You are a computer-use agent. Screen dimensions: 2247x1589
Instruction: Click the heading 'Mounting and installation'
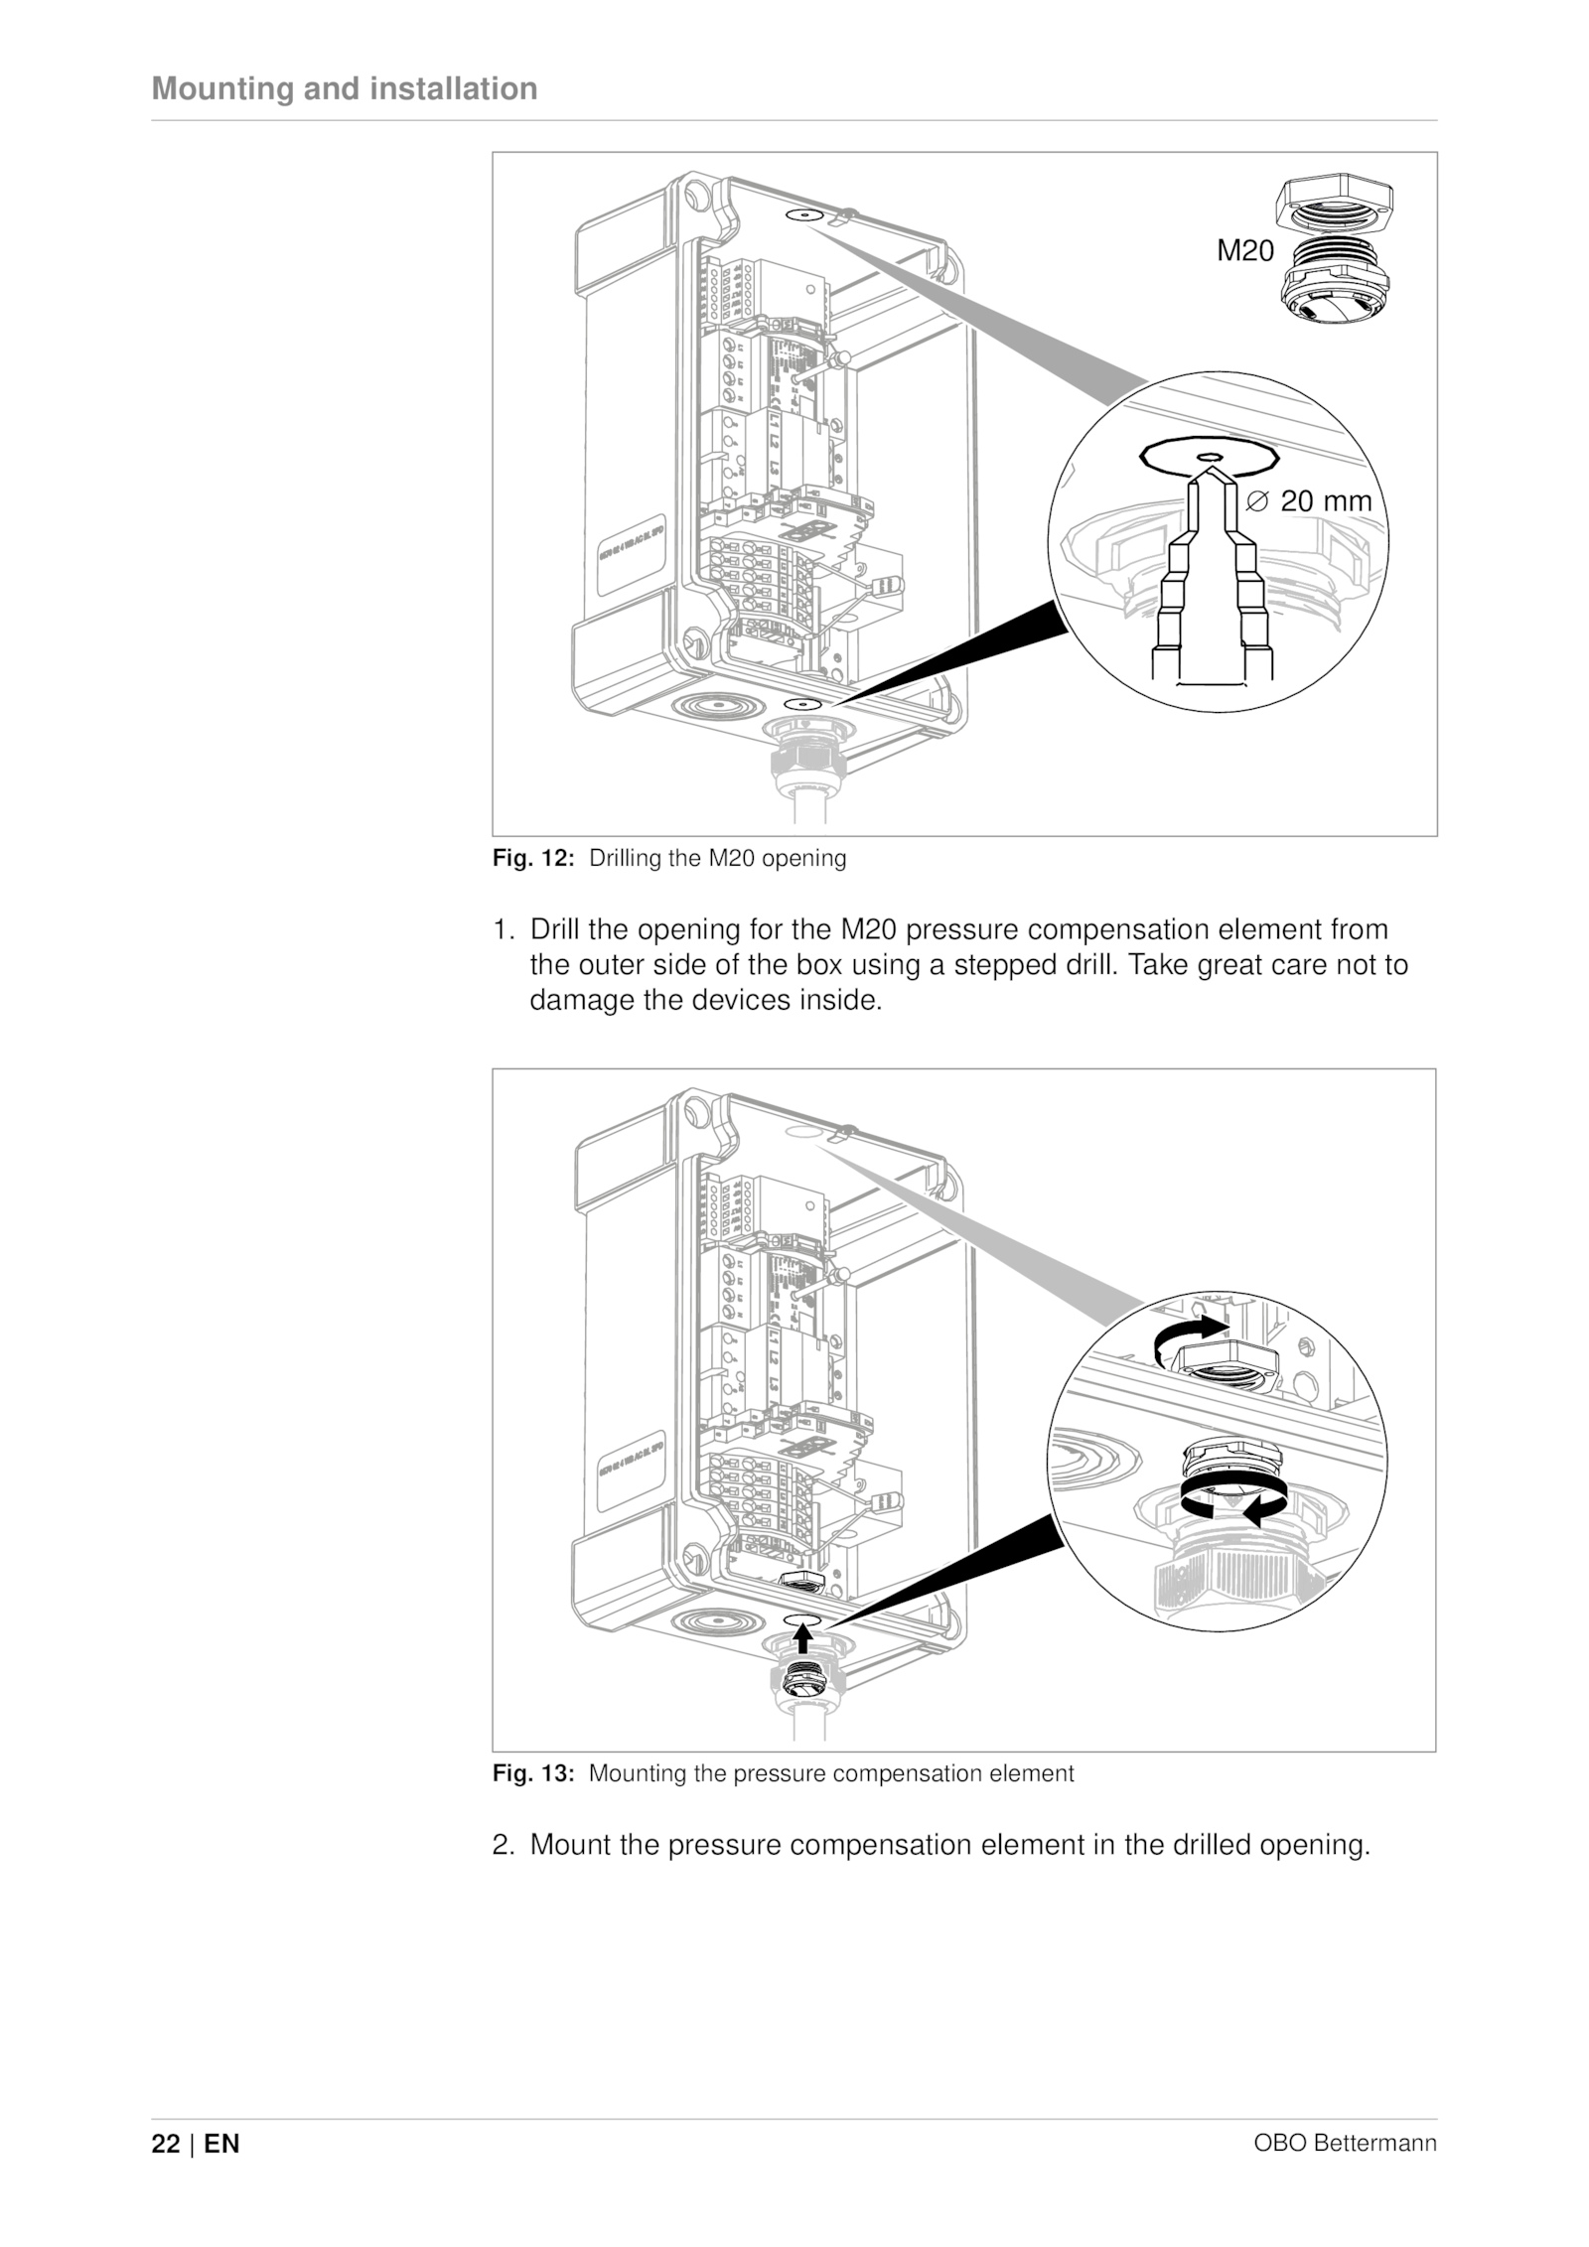[x=344, y=89]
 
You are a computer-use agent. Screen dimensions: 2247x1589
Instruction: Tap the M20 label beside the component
[x=1244, y=252]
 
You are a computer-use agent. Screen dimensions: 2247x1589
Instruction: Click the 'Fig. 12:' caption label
[x=533, y=859]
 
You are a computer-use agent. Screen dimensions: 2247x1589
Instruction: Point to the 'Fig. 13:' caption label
[x=533, y=1773]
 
